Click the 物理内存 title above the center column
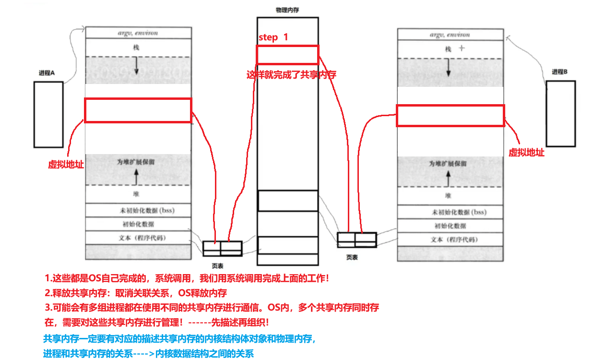287,10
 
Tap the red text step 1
273,37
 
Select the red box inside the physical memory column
287,55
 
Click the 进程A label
47,73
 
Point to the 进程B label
559,72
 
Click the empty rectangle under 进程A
48,114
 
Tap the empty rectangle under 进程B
560,113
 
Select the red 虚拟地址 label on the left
66,164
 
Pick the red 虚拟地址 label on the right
526,153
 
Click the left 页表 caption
217,265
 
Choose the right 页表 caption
352,257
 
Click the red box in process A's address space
138,110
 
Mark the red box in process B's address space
450,116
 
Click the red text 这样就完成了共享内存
291,75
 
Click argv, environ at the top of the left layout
138,33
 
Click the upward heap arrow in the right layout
449,179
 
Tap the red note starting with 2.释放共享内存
135,293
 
